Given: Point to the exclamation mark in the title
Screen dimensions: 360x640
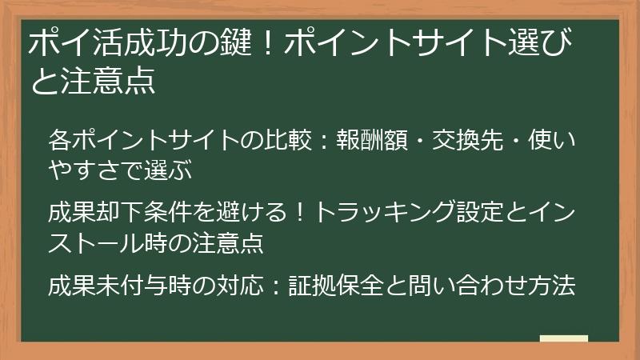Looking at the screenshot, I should click(x=263, y=43).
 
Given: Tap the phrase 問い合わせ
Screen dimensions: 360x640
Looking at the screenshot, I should click(x=467, y=286).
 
